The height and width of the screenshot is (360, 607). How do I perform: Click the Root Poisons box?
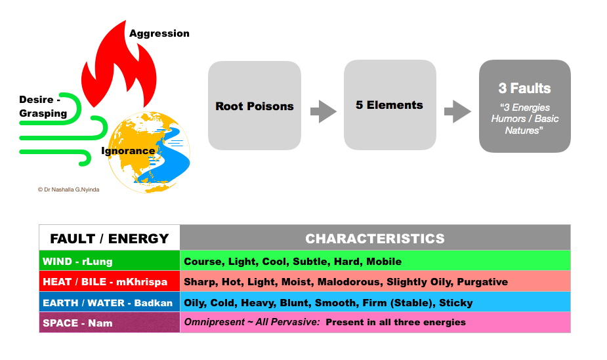255,106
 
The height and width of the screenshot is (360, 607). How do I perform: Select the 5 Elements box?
390,105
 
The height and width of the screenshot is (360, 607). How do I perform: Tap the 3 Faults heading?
524,88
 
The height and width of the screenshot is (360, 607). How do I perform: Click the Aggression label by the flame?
159,33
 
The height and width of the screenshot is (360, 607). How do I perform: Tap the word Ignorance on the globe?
128,151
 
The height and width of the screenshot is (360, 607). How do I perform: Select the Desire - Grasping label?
43,107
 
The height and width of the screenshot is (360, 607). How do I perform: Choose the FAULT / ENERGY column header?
110,238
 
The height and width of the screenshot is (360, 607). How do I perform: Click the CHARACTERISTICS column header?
375,238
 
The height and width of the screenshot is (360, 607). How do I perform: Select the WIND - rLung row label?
77,261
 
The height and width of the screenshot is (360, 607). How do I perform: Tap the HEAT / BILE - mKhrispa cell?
104,282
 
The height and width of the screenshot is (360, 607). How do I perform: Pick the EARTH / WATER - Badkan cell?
108,303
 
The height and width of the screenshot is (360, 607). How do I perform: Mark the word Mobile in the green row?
384,261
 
